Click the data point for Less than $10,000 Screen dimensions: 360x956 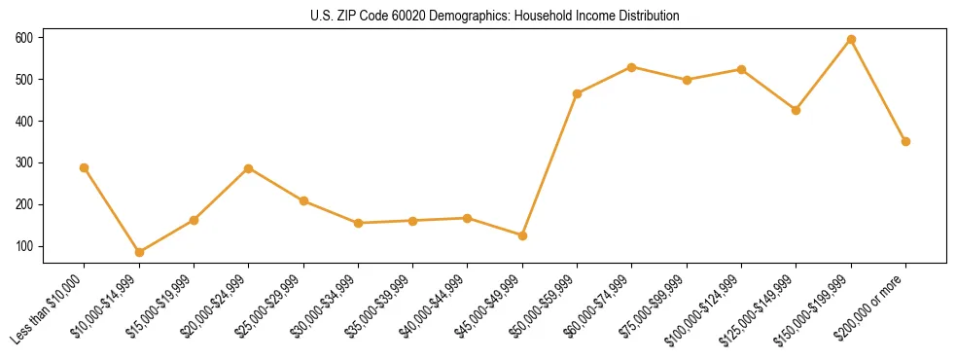(x=85, y=167)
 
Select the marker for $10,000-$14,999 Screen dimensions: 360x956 (x=139, y=252)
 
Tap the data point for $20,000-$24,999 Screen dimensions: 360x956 (x=249, y=168)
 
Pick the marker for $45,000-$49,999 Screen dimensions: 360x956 (x=522, y=235)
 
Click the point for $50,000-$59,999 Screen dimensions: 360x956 (x=578, y=93)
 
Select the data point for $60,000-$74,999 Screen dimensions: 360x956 (x=632, y=67)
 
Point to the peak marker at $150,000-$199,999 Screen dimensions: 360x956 (x=851, y=39)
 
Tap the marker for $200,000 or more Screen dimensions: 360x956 (x=905, y=141)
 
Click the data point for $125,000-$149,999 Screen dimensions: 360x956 (x=797, y=110)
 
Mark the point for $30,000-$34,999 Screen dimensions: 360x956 (x=358, y=223)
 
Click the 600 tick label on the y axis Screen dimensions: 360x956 (x=23, y=37)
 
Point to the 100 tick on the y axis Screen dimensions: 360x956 (x=23, y=246)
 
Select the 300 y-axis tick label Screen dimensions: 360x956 (x=23, y=162)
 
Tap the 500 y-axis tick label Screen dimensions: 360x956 (x=23, y=79)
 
